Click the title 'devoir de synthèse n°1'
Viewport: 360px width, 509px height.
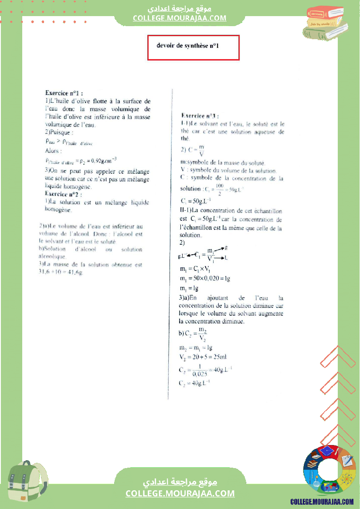pos(187,45)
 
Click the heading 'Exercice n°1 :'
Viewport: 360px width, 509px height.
pos(64,93)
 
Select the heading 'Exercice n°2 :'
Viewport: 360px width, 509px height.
pos(64,194)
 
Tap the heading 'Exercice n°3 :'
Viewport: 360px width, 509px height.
pos(200,116)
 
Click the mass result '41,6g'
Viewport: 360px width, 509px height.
pos(75,272)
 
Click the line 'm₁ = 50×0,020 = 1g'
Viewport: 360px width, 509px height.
pos(205,278)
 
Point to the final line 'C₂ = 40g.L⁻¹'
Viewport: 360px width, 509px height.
pos(194,383)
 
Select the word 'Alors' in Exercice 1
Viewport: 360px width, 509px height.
pos(54,151)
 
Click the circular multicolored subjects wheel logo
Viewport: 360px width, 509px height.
pos(329,471)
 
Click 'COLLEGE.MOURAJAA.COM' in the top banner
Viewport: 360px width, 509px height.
pos(180,18)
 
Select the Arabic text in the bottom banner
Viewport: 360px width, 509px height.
pos(180,482)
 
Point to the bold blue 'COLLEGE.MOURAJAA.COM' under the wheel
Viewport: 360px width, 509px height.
pos(322,502)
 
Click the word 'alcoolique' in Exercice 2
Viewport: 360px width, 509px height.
pos(52,257)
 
